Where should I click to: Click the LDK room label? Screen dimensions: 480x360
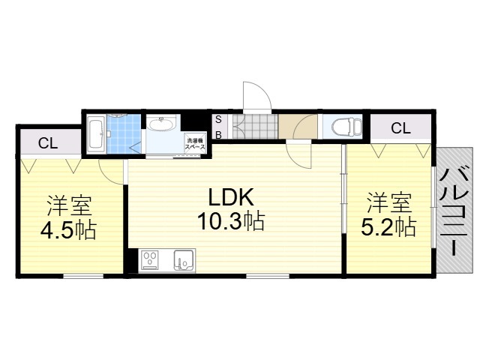(x=231, y=197)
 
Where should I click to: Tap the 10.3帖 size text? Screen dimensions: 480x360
(x=231, y=222)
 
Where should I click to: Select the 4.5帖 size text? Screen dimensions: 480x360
(x=68, y=229)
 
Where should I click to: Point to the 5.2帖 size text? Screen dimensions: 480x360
(x=388, y=227)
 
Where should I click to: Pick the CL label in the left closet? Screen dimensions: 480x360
(x=48, y=143)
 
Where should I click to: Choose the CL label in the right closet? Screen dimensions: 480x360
(x=400, y=128)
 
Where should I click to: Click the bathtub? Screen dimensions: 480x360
(x=96, y=135)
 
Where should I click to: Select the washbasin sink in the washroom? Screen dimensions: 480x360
(x=161, y=124)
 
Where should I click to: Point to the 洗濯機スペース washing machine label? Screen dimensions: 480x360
(x=195, y=144)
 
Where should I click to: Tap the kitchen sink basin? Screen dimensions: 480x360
(x=184, y=260)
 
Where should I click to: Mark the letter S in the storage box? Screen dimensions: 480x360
(x=218, y=119)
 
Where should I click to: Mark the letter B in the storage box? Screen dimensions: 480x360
(x=218, y=135)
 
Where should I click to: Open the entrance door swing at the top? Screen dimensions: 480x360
(x=257, y=95)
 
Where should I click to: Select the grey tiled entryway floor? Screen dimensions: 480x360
(x=255, y=127)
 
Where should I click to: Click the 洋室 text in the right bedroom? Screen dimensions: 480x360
(x=389, y=202)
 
